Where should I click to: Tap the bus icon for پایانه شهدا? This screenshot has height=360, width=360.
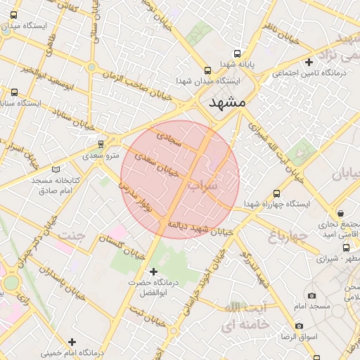236,53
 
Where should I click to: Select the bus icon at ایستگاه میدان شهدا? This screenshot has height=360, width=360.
207,70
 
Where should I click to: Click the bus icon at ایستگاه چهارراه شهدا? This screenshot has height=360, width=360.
276,193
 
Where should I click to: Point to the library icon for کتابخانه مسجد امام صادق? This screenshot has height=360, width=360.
56,169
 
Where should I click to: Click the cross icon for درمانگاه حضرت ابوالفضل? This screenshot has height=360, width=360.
154,271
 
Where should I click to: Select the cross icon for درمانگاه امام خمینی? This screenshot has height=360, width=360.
72,342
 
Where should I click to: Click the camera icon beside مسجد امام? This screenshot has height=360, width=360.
311,296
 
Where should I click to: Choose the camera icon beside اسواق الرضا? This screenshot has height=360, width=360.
299,326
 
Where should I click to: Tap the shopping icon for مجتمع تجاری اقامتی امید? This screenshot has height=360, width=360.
340,213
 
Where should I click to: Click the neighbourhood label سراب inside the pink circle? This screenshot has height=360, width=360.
203,186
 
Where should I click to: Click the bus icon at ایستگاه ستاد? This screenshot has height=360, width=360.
15,92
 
